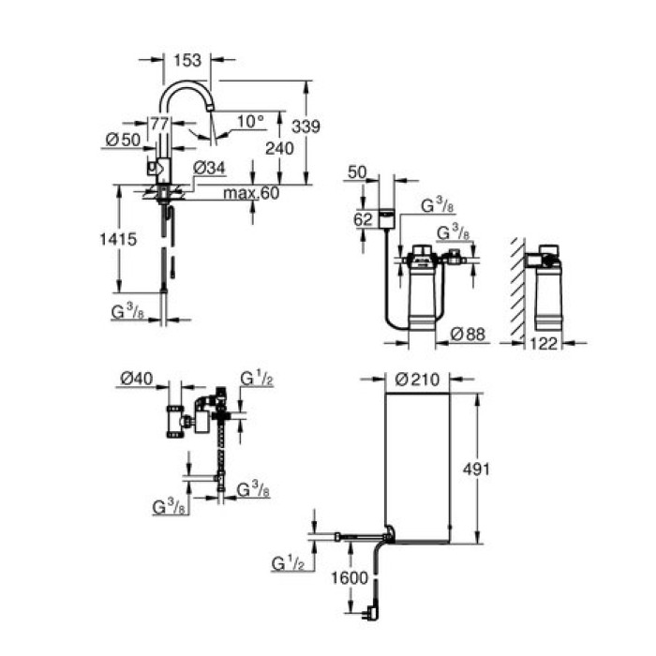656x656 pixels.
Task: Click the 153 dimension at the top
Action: pos(187,60)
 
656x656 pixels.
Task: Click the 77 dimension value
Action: pos(159,123)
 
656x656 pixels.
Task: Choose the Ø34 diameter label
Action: pos(209,168)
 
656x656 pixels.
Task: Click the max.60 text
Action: pos(252,193)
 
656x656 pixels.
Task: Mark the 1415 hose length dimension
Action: pos(119,239)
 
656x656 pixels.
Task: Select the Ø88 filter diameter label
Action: pos(465,334)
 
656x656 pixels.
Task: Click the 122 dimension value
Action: pos(544,343)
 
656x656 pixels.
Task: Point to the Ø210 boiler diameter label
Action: pos(418,380)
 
